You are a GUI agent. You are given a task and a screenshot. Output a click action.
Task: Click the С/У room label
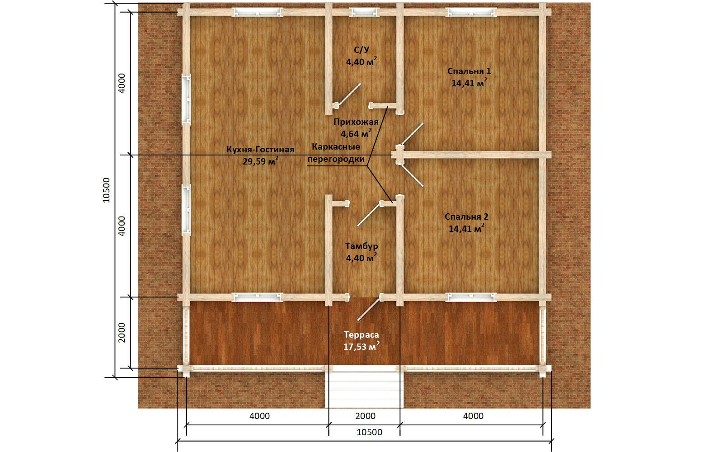pyautogui.click(x=361, y=50)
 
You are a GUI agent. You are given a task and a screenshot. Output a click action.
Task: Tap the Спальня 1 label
pyautogui.click(x=469, y=71)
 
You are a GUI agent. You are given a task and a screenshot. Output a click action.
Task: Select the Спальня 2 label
pyautogui.click(x=466, y=217)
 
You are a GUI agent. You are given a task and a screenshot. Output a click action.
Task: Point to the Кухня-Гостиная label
pyautogui.click(x=260, y=150)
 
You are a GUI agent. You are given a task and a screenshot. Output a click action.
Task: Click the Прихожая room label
pyautogui.click(x=356, y=122)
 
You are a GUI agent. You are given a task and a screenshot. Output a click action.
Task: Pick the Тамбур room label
pyautogui.click(x=361, y=246)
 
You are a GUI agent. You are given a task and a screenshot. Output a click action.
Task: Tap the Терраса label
pyautogui.click(x=361, y=335)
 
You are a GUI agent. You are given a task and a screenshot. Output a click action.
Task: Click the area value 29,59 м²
pyautogui.click(x=260, y=161)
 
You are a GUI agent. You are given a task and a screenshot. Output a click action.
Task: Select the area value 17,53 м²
pyautogui.click(x=361, y=346)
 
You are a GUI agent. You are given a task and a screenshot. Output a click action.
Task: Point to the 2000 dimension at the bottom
pyautogui.click(x=366, y=416)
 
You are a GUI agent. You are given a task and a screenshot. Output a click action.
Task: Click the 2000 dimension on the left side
pyautogui.click(x=122, y=333)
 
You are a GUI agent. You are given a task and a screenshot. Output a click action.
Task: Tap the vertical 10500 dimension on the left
pyautogui.click(x=106, y=190)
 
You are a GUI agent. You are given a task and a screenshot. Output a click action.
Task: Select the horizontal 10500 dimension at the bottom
pyautogui.click(x=369, y=432)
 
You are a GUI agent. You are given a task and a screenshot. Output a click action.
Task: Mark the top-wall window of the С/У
pyautogui.click(x=364, y=12)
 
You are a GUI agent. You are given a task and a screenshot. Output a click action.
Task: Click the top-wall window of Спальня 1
pyautogui.click(x=471, y=12)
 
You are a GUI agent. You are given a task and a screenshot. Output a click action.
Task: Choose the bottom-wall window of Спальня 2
pyautogui.click(x=471, y=297)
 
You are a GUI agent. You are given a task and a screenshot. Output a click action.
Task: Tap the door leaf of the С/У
pyautogui.click(x=349, y=94)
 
